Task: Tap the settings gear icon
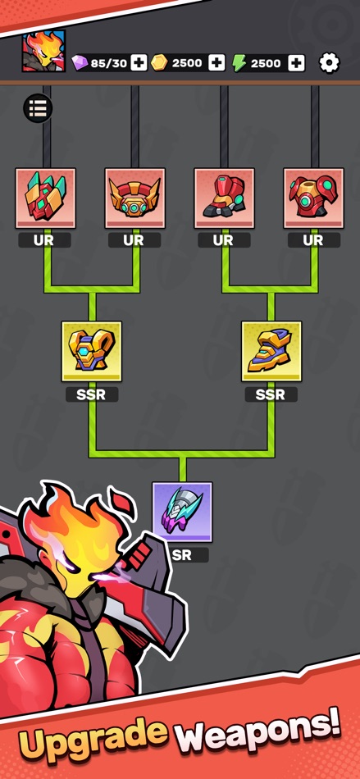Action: [x=329, y=63]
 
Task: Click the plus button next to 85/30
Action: [x=139, y=63]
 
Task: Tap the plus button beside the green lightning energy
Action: [x=296, y=63]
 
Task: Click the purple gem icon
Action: [x=80, y=63]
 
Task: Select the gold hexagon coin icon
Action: [x=159, y=63]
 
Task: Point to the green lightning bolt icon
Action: [x=239, y=63]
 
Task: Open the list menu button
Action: [x=38, y=107]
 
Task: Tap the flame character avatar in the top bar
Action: [x=43, y=51]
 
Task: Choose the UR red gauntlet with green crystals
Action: [x=46, y=198]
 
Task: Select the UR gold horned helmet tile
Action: [x=134, y=198]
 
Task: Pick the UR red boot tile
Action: [x=224, y=198]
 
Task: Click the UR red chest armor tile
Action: [x=314, y=198]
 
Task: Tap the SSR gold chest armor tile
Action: [x=92, y=351]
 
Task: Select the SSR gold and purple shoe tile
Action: [x=271, y=351]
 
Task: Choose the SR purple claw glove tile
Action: [x=182, y=512]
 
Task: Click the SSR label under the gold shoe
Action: [x=271, y=395]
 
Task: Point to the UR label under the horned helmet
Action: [x=134, y=240]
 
